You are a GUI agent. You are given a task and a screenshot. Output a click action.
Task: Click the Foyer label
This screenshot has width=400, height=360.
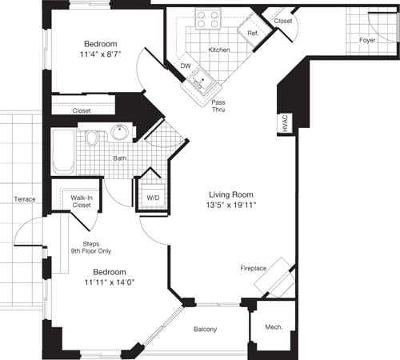[x=366, y=39]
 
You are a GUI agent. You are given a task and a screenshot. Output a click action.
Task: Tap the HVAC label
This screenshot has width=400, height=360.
[x=284, y=122]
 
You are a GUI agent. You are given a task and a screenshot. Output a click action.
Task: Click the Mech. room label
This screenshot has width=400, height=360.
[x=273, y=326]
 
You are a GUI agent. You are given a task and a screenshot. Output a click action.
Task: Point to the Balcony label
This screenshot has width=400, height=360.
[x=206, y=330]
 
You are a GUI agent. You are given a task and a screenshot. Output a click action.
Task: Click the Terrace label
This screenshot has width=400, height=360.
[x=24, y=198]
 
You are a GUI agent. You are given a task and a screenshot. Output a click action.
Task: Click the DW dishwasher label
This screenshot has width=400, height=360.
[x=185, y=66]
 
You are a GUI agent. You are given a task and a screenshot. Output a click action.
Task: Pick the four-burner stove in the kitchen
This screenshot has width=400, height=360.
[x=209, y=18]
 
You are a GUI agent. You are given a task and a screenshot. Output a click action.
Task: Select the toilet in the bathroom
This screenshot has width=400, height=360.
[x=92, y=139]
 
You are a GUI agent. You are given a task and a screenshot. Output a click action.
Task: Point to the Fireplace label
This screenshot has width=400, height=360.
[x=254, y=269]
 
